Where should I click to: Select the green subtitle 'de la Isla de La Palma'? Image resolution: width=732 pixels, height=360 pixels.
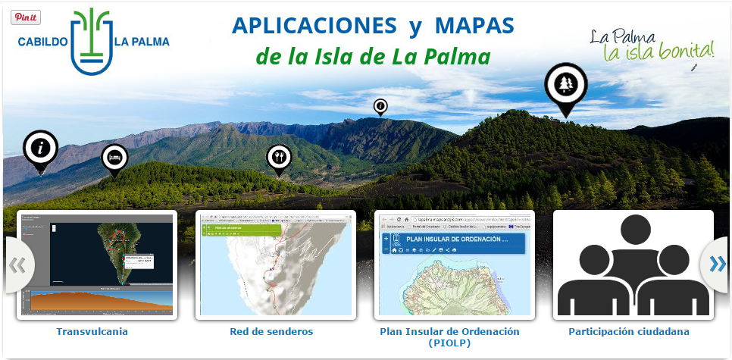point(373,57)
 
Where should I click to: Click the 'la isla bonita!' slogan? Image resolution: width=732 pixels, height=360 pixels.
point(658,52)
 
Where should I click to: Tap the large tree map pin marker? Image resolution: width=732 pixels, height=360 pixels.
point(565,86)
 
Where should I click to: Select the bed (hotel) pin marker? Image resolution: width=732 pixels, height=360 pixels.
point(114,158)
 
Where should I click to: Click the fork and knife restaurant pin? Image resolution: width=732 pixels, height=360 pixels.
point(279,158)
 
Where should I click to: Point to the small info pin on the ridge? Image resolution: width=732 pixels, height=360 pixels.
point(380,107)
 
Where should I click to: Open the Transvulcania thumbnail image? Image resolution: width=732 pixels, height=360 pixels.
point(96,265)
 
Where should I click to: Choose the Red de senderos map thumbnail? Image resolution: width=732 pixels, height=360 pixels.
point(275,265)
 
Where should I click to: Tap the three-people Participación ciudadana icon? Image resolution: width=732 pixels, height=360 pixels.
point(633,265)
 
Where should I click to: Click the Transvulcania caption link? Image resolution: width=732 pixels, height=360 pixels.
point(92,331)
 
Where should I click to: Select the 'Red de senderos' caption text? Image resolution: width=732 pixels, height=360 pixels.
point(271,331)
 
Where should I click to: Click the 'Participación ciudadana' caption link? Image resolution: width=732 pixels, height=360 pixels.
point(629,331)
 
